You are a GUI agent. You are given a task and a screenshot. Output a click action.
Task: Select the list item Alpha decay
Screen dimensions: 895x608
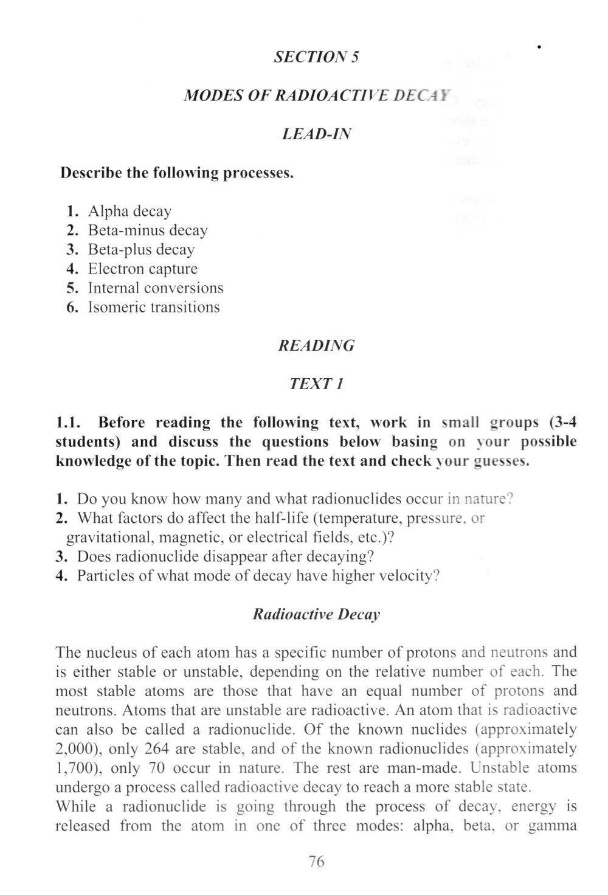(130, 211)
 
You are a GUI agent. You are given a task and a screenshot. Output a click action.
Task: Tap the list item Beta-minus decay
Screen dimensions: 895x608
(148, 230)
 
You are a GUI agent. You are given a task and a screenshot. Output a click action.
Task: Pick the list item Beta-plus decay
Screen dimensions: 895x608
(141, 249)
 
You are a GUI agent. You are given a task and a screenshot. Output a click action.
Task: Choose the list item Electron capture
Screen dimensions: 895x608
(143, 269)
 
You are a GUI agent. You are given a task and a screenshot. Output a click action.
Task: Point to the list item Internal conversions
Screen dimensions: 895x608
(156, 288)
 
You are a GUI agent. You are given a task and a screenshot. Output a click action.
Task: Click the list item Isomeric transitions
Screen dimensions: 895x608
(154, 307)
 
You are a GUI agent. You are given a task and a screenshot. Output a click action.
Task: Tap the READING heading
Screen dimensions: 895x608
(316, 346)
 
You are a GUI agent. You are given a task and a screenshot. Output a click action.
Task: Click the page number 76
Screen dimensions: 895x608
(317, 862)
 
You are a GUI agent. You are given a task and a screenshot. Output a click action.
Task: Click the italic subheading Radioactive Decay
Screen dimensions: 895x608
(316, 614)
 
